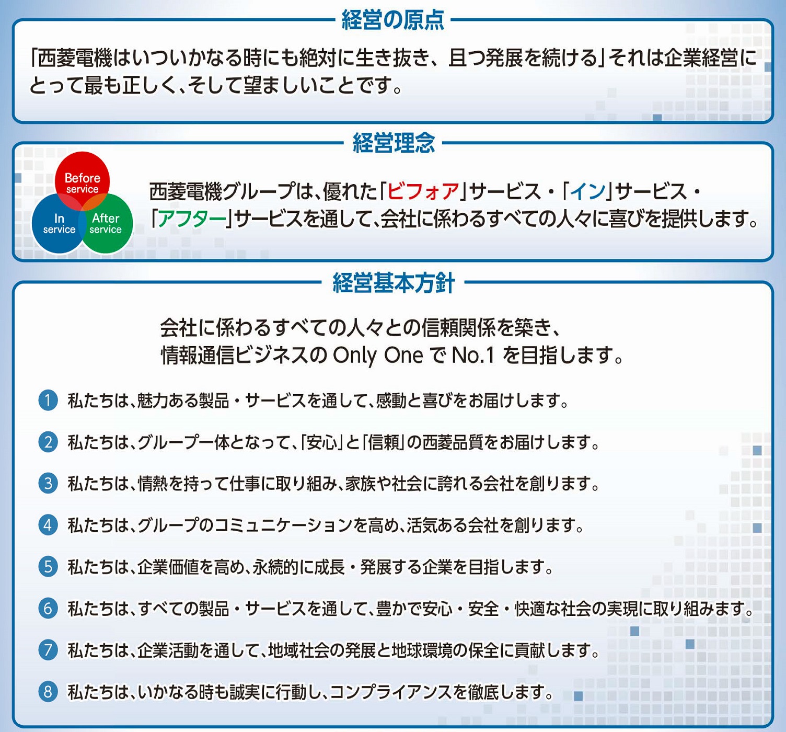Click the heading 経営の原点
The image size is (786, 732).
pyautogui.click(x=393, y=20)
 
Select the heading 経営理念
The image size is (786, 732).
pyautogui.click(x=394, y=143)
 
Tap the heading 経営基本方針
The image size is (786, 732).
pyautogui.click(x=394, y=283)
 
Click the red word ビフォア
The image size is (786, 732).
pyautogui.click(x=423, y=191)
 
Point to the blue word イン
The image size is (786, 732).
pyautogui.click(x=588, y=191)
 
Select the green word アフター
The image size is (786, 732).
pyautogui.click(x=192, y=219)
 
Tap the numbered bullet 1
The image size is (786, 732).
pyautogui.click(x=48, y=401)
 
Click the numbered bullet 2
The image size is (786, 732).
pyautogui.click(x=48, y=442)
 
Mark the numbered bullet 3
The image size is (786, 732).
pyautogui.click(x=48, y=484)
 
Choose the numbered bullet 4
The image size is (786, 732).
pyautogui.click(x=48, y=525)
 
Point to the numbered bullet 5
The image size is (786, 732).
pyautogui.click(x=48, y=567)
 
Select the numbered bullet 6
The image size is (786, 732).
pyautogui.click(x=48, y=609)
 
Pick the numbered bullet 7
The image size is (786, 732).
pyautogui.click(x=48, y=650)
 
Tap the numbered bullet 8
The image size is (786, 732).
pyautogui.click(x=48, y=692)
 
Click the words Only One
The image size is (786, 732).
pyautogui.click(x=378, y=356)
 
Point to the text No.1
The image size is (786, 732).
pyautogui.click(x=473, y=356)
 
